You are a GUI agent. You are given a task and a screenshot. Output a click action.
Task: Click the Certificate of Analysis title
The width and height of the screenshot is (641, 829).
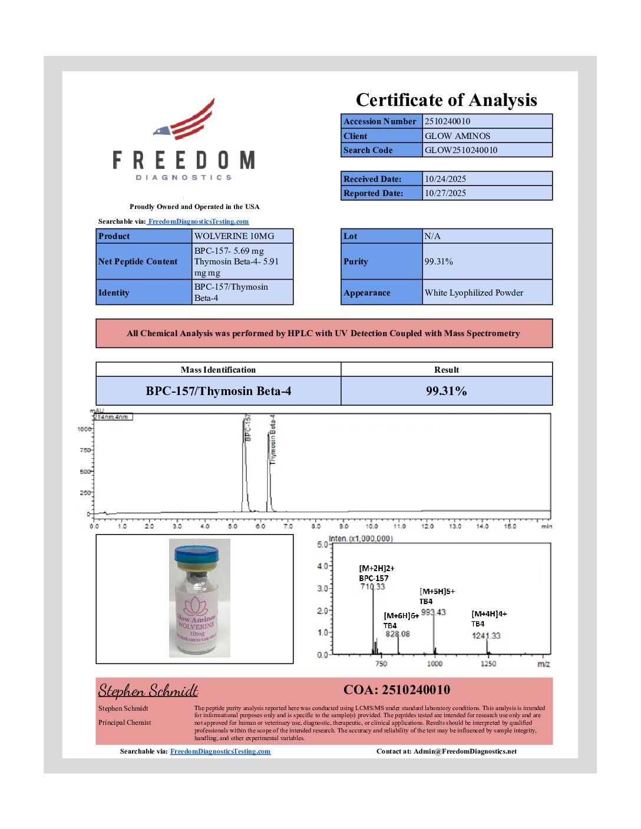tap(446, 100)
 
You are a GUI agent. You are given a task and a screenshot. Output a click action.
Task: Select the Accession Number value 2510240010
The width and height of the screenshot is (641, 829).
tap(447, 121)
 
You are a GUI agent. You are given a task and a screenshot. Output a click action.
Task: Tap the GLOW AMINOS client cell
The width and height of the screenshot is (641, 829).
tap(457, 135)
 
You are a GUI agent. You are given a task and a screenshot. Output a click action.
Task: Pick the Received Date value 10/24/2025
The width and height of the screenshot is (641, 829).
tap(445, 179)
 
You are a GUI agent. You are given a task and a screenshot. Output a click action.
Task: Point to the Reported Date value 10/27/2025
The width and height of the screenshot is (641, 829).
tap(445, 193)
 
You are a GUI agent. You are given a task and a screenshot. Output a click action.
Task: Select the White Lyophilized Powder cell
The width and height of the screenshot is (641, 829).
tap(474, 293)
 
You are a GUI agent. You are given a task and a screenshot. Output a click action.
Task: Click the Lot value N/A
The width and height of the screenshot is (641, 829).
tap(432, 236)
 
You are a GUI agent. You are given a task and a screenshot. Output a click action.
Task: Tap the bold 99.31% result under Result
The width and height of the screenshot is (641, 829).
tap(446, 391)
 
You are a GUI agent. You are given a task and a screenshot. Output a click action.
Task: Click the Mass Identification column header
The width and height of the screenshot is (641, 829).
tap(218, 370)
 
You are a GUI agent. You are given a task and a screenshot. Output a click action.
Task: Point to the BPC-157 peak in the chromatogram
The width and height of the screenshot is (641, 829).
tap(245, 465)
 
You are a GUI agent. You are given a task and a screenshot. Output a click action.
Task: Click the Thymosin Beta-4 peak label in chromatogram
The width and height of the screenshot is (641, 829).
tap(273, 439)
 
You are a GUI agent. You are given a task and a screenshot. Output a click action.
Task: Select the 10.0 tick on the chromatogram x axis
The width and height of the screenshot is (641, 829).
tap(372, 526)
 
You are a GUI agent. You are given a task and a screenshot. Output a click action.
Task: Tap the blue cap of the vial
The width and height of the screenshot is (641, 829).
tap(196, 553)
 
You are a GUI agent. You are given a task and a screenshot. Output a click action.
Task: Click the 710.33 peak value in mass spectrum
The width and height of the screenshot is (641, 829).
tap(372, 586)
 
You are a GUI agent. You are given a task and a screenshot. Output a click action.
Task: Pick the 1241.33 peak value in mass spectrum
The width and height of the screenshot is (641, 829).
tap(486, 635)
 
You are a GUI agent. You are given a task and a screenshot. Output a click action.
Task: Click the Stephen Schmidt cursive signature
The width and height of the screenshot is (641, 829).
tap(148, 690)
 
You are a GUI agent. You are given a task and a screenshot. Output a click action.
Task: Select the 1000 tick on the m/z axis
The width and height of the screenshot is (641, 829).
tap(435, 664)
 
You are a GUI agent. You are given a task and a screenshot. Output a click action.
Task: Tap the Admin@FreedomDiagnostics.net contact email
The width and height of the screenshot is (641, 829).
tap(465, 751)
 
